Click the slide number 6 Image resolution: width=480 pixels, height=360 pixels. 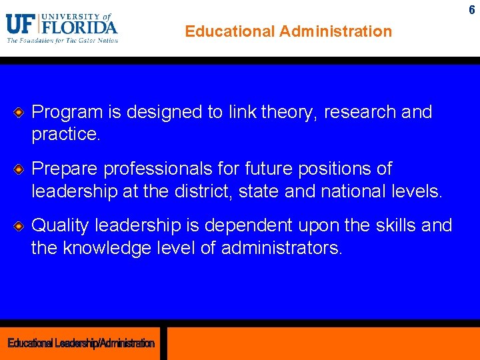pos(472,10)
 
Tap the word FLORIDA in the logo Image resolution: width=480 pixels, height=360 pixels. pos(79,27)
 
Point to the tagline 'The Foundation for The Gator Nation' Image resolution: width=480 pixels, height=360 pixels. pos(62,41)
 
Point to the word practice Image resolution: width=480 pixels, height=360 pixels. pos(65,134)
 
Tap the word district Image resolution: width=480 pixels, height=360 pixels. pos(223,191)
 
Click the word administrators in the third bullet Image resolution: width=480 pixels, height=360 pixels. pos(281,248)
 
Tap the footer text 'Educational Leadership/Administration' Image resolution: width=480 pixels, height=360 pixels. pos(81,343)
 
